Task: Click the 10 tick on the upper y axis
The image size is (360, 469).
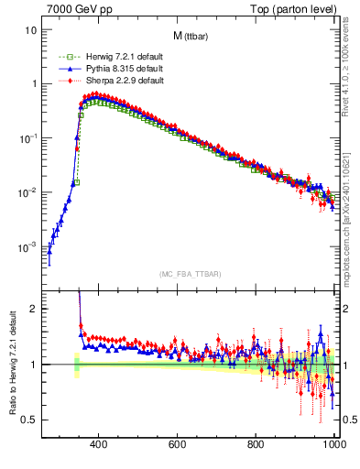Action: coord(31,29)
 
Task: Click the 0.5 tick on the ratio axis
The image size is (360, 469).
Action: coord(29,420)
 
